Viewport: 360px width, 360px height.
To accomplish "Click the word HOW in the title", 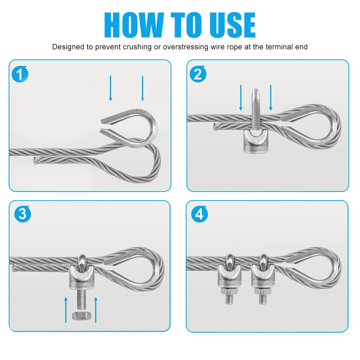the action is tap(134, 25).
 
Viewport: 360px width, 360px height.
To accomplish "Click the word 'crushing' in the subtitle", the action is tap(137, 47).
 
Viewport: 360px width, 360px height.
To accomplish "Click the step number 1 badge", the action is tap(20, 74).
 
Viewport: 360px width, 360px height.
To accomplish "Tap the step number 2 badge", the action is tap(198, 74).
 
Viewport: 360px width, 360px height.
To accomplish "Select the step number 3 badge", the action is tap(22, 214).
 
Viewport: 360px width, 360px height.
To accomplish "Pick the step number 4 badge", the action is tap(199, 214).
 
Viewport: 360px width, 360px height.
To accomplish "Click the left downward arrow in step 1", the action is tap(111, 88).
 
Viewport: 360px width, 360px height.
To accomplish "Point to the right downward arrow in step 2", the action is tap(271, 98).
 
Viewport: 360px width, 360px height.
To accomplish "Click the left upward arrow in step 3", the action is tap(66, 310).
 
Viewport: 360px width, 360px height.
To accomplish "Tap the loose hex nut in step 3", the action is tap(81, 316).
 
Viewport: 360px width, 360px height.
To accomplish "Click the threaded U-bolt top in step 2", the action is tap(256, 109).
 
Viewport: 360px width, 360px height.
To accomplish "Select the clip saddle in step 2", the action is tap(256, 141).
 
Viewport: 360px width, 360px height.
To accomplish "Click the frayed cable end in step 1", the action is tap(35, 160).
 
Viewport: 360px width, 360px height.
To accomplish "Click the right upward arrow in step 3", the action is tap(96, 310).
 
